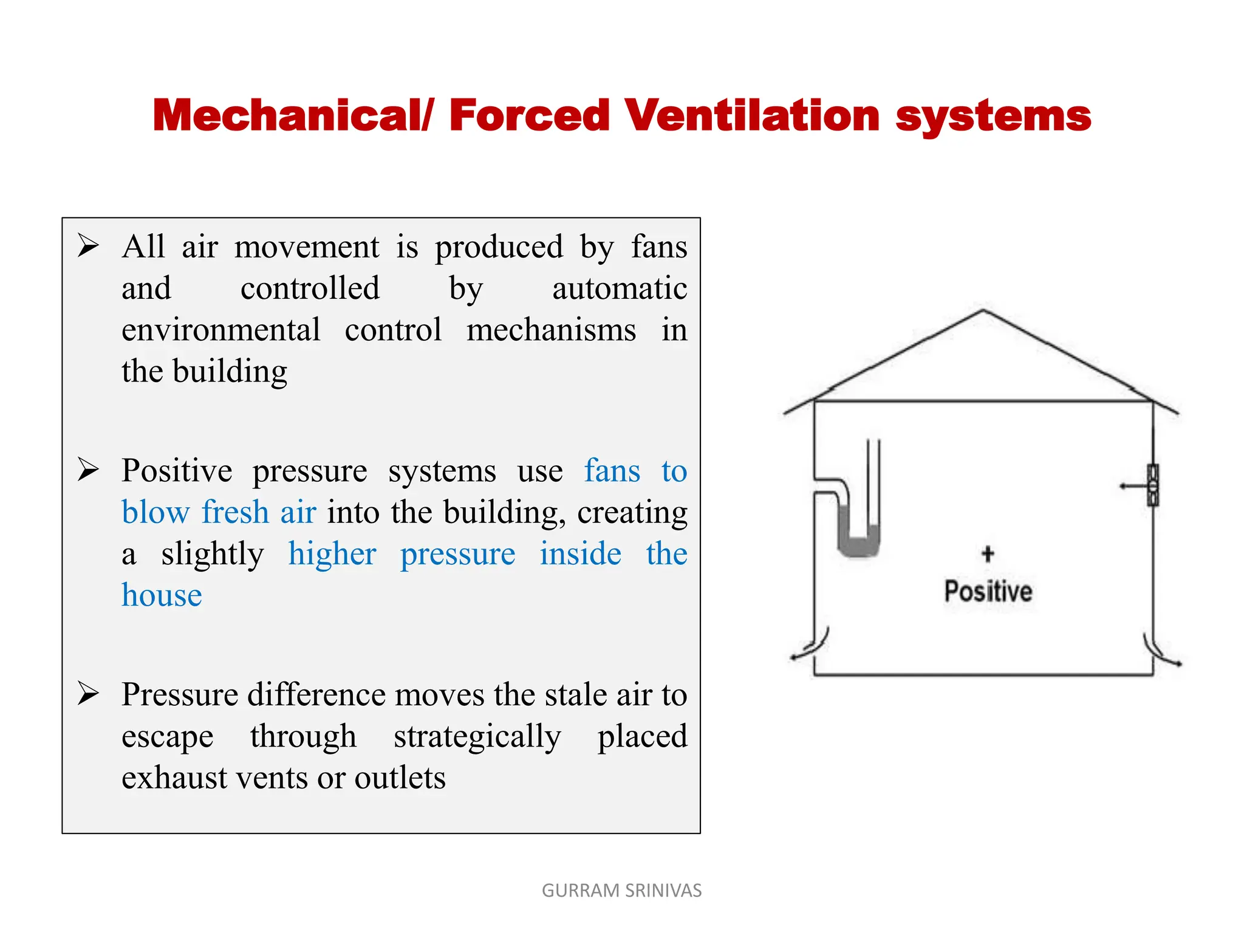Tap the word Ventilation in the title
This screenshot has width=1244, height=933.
pyautogui.click(x=752, y=115)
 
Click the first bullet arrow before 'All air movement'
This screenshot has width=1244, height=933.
pyautogui.click(x=88, y=246)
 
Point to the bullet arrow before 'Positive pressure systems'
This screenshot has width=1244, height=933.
pyautogui.click(x=88, y=470)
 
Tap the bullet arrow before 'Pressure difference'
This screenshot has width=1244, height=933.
pyautogui.click(x=88, y=694)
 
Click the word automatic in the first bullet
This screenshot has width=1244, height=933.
pyautogui.click(x=620, y=288)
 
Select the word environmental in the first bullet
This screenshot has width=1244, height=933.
pyautogui.click(x=221, y=330)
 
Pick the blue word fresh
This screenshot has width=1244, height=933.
pyautogui.click(x=235, y=511)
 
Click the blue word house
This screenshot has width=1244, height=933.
pyautogui.click(x=162, y=595)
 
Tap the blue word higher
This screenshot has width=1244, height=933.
pyautogui.click(x=332, y=553)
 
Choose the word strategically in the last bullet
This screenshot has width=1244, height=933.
pyautogui.click(x=477, y=736)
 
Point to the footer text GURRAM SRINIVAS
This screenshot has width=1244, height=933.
pyautogui.click(x=621, y=890)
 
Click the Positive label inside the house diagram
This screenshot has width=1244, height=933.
pyautogui.click(x=988, y=591)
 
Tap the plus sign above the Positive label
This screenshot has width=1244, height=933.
pyautogui.click(x=988, y=553)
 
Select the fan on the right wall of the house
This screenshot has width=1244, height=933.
pyautogui.click(x=1152, y=485)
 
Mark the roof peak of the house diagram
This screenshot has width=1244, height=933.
pyautogui.click(x=983, y=311)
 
